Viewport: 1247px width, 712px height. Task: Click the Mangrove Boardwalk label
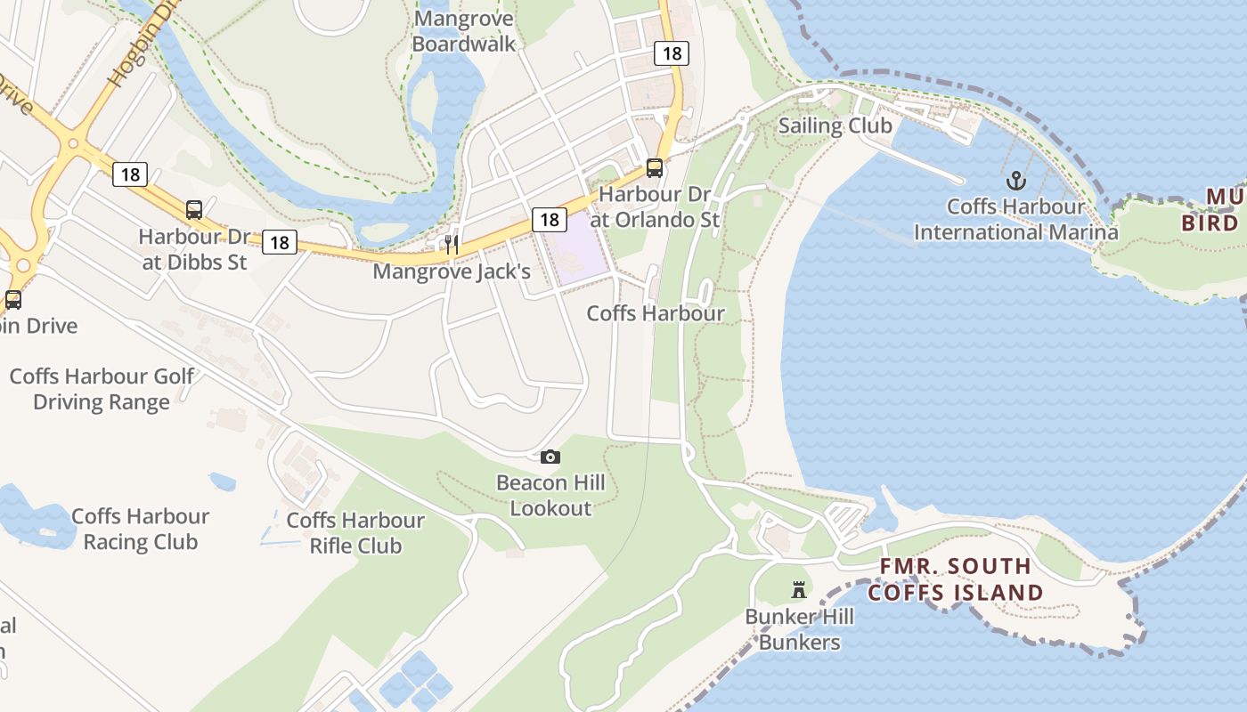pyautogui.click(x=464, y=31)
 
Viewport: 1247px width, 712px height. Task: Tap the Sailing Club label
pyautogui.click(x=835, y=125)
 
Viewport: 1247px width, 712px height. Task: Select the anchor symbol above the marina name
pyautogui.click(x=1015, y=182)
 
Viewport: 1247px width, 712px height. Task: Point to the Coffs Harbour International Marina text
pyautogui.click(x=1015, y=220)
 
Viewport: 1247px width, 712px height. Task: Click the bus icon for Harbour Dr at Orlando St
pyautogui.click(x=654, y=167)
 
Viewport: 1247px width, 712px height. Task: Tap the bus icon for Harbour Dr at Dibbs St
pyautogui.click(x=194, y=210)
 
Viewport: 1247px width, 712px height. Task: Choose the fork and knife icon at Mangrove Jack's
pyautogui.click(x=452, y=244)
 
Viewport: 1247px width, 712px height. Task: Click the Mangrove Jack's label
pyautogui.click(x=452, y=271)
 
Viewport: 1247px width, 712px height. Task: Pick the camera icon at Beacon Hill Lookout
pyautogui.click(x=550, y=457)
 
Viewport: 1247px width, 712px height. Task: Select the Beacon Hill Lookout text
pyautogui.click(x=550, y=496)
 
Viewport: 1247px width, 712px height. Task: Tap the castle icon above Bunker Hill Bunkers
pyautogui.click(x=799, y=589)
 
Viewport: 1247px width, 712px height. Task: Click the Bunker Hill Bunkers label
pyautogui.click(x=799, y=629)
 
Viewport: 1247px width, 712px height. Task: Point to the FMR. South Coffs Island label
pyautogui.click(x=956, y=579)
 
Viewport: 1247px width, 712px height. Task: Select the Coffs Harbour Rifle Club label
pyautogui.click(x=355, y=532)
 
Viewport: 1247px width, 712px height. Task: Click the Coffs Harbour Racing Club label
pyautogui.click(x=140, y=529)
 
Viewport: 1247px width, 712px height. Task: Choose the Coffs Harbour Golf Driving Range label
pyautogui.click(x=102, y=389)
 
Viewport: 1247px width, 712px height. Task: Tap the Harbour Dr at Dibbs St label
pyautogui.click(x=195, y=250)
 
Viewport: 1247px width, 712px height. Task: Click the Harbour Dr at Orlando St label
pyautogui.click(x=658, y=206)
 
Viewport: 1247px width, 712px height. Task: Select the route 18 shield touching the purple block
pyautogui.click(x=550, y=219)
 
